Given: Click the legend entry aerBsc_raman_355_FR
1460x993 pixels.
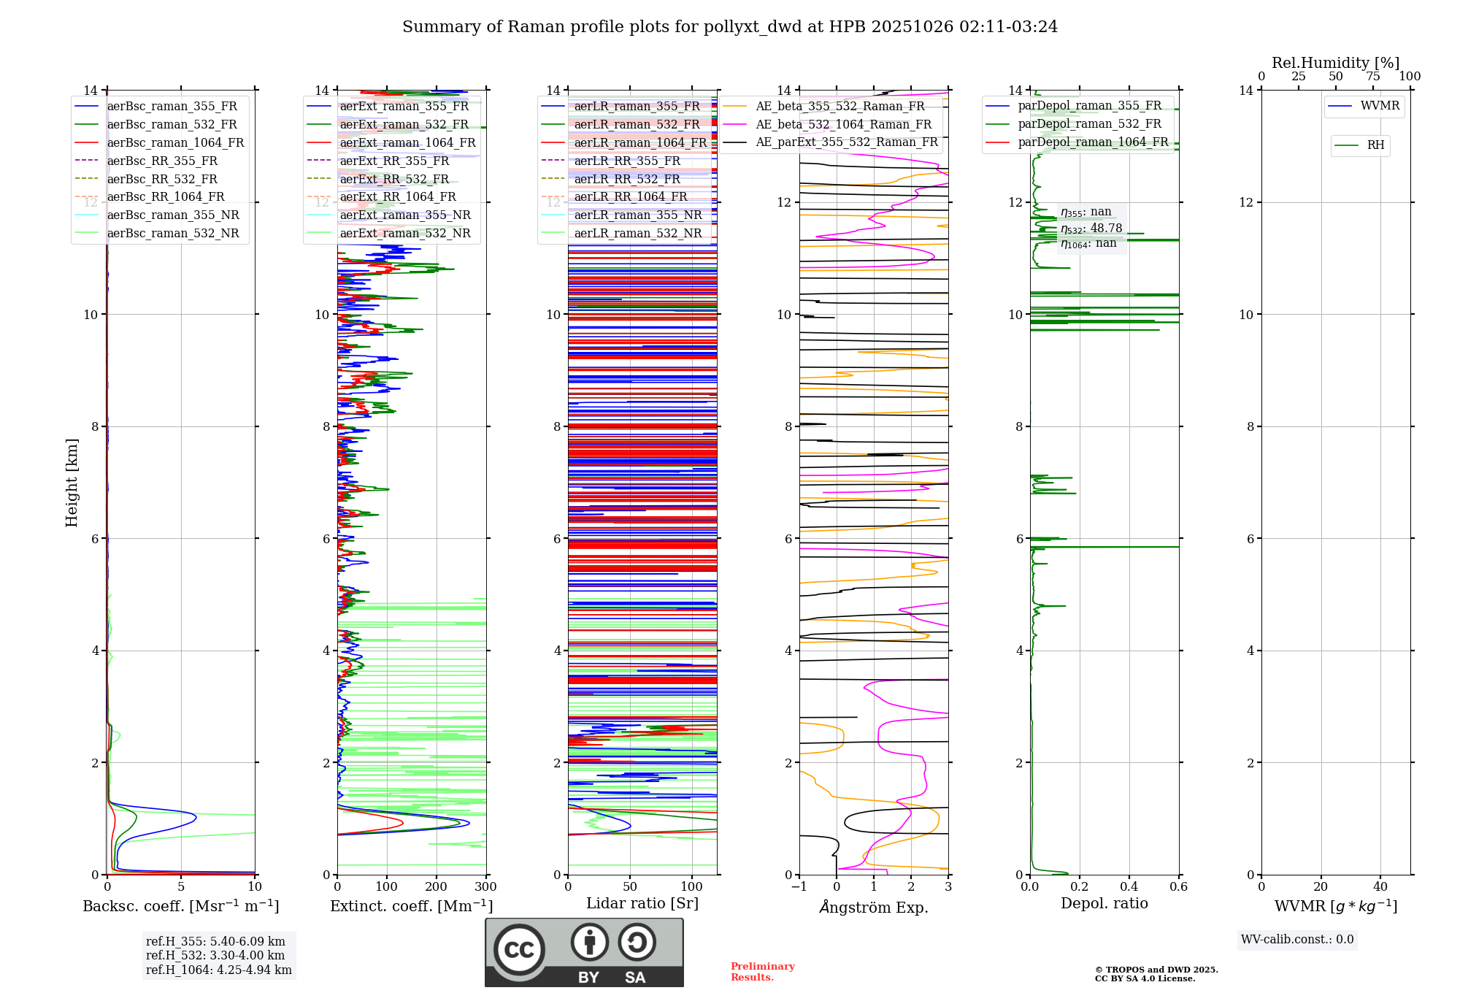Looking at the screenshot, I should click(x=172, y=107).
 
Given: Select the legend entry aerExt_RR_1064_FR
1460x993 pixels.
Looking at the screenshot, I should click(x=397, y=197).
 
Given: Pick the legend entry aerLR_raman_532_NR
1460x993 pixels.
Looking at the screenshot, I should click(x=637, y=234).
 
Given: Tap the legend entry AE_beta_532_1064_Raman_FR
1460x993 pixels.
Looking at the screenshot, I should click(x=843, y=125).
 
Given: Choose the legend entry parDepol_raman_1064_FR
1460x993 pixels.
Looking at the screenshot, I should click(x=1093, y=142).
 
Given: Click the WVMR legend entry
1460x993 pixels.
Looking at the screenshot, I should click(x=1380, y=106).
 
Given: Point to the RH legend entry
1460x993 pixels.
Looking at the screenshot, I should click(x=1375, y=145).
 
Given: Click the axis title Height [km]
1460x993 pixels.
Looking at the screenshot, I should click(x=72, y=483).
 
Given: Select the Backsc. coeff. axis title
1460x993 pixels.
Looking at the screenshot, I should click(x=180, y=906).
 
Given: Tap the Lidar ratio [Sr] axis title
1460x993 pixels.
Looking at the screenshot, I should click(x=642, y=903).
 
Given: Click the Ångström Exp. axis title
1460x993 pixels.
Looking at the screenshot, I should click(x=874, y=908).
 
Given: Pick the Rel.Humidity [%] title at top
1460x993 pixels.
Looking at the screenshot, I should click(x=1335, y=63).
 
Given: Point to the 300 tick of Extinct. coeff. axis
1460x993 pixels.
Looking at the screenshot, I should click(x=485, y=887).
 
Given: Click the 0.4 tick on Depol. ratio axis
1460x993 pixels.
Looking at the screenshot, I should click(x=1129, y=887).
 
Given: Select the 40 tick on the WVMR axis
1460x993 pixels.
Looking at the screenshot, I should click(x=1380, y=887).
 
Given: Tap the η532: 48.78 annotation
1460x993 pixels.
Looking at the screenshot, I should click(x=1091, y=229).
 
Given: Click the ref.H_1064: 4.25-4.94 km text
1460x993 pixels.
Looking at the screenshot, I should click(x=219, y=970).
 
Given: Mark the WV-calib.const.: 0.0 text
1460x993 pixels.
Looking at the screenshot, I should click(x=1297, y=940).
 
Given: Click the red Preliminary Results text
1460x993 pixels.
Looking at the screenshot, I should click(x=762, y=972).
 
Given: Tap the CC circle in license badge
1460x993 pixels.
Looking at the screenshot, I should click(x=519, y=950).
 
